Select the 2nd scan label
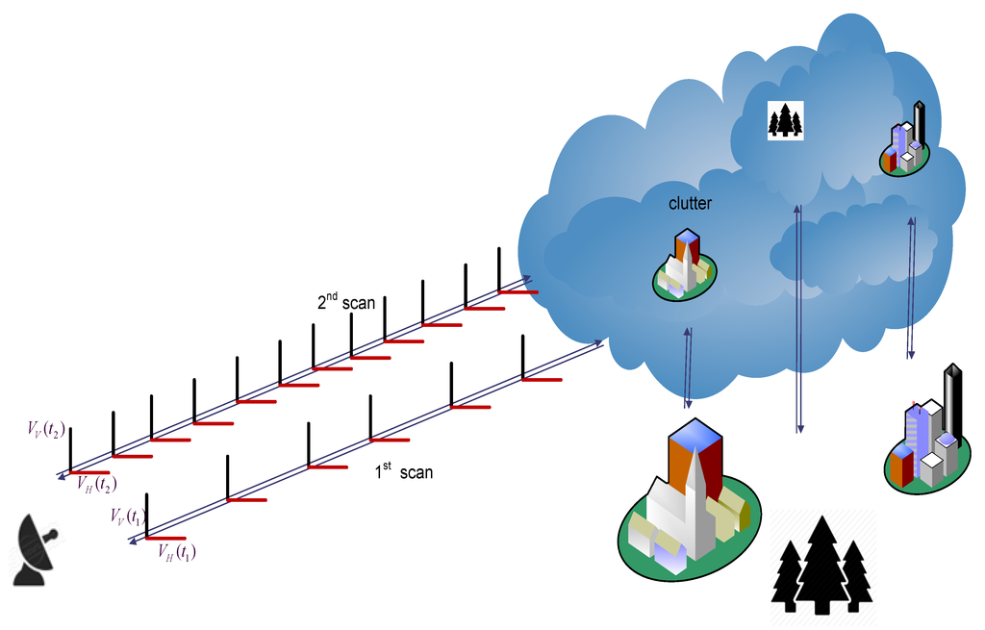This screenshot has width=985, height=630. click(346, 302)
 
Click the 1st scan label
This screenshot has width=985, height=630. click(403, 472)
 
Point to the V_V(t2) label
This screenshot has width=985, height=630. click(46, 428)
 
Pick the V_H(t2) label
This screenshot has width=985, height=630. click(97, 484)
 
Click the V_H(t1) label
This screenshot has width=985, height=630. click(178, 552)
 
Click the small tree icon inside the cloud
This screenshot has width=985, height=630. click(785, 121)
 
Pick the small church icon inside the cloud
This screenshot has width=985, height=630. click(684, 266)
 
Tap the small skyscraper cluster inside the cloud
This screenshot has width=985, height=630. click(906, 143)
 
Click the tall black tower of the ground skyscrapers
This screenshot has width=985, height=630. click(953, 404)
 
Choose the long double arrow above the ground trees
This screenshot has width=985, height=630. click(798, 317)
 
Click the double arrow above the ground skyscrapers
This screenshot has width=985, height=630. click(911, 289)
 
